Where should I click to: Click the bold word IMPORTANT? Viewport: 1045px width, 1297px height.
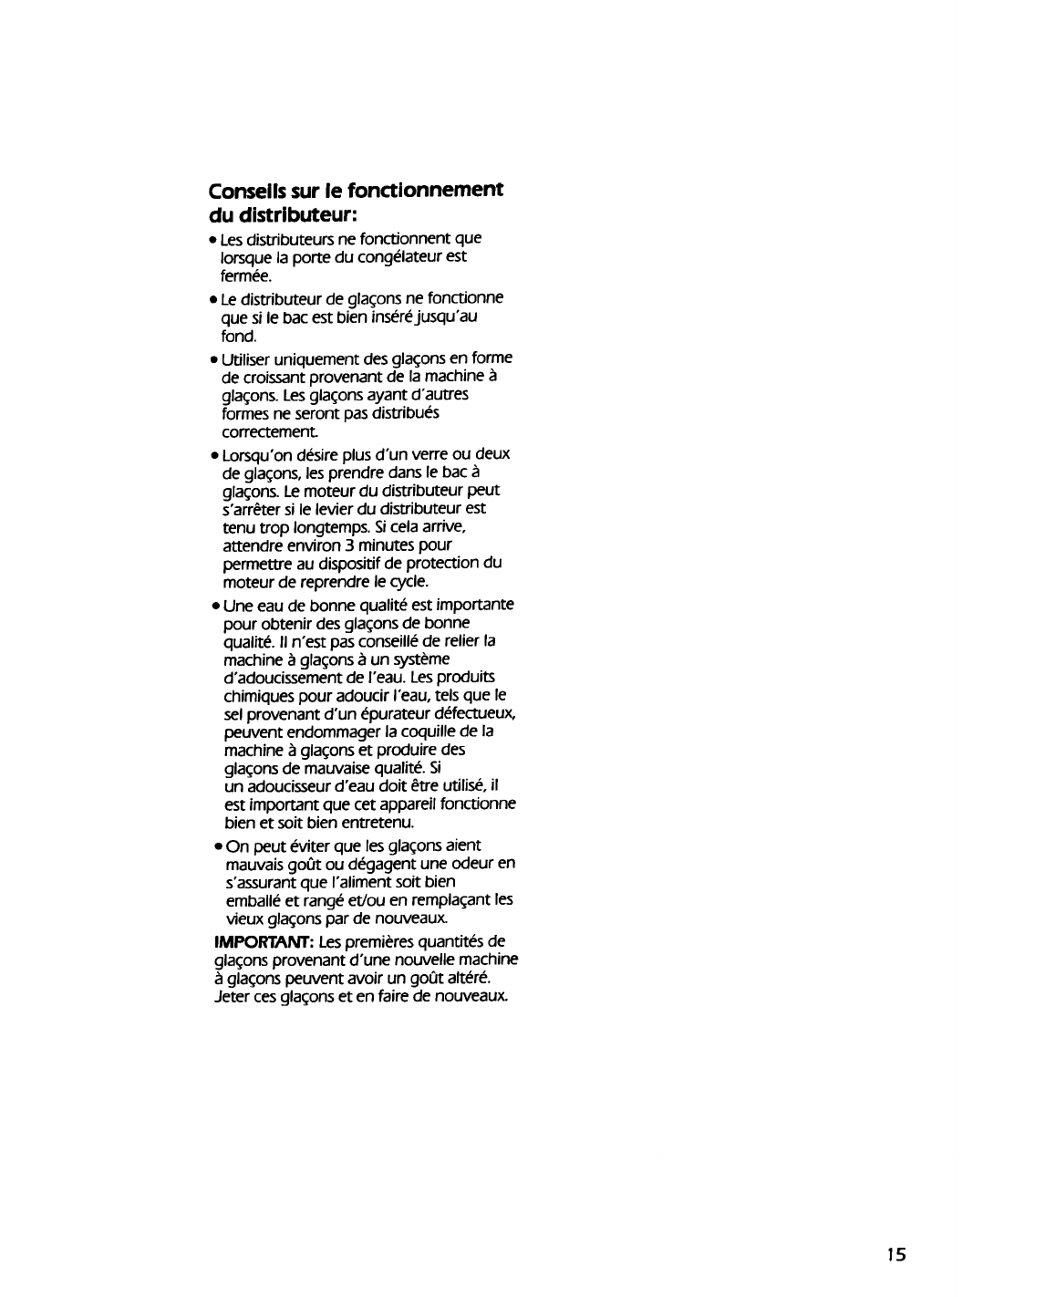[246, 941]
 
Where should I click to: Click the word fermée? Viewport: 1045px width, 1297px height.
[246, 275]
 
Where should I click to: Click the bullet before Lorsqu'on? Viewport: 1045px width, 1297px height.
[212, 455]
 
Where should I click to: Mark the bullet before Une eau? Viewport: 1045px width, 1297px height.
[212, 606]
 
